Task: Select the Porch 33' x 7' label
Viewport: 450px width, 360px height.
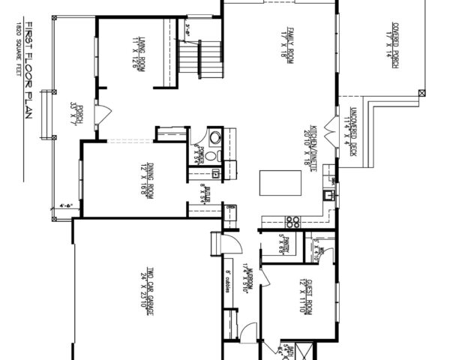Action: click(74, 116)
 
